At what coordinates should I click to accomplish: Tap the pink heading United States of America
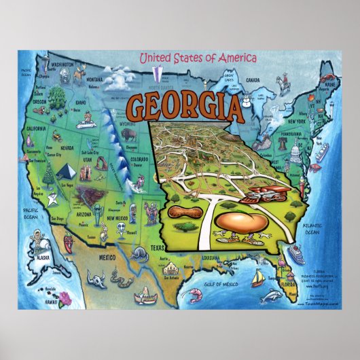coord(198,58)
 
